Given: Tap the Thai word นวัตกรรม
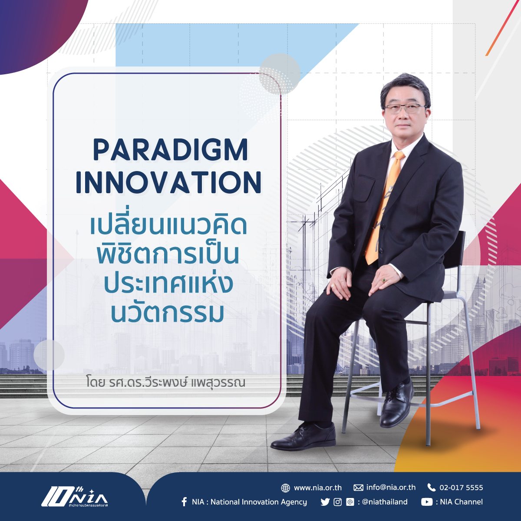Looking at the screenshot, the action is point(168,313).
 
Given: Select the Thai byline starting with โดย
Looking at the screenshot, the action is point(165,383).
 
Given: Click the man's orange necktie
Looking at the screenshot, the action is point(383,208).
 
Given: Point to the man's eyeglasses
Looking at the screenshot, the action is point(405,109).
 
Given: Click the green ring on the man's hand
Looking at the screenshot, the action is point(384,280).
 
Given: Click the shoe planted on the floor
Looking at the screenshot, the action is point(303,437).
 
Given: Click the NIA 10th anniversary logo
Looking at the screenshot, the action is point(75,498).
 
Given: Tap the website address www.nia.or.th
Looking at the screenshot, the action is point(318,488).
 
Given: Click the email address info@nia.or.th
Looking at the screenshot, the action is point(391,488).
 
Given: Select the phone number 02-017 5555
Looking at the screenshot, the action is point(461,488).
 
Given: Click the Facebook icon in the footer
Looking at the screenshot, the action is point(184,502).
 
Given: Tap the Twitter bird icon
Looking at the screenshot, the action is point(325,502).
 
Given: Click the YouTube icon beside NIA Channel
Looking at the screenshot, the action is point(427,502).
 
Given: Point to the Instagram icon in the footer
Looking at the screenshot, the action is point(337,502).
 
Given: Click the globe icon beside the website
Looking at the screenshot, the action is point(286,488).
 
